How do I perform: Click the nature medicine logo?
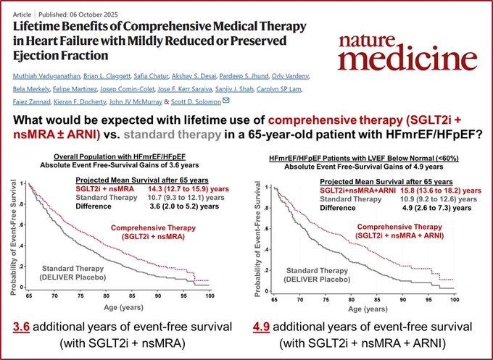click(407, 53)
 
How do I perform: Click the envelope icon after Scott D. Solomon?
click(225, 101)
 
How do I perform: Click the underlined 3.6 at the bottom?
click(21, 327)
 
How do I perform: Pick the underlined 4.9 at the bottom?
click(261, 327)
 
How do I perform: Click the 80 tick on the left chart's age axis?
click(106, 296)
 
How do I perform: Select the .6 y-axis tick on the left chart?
click(22, 225)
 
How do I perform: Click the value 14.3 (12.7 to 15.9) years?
click(188, 189)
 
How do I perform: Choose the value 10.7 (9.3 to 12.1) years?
click(186, 198)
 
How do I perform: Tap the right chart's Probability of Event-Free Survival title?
click(257, 239)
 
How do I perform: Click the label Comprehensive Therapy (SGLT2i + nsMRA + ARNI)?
click(399, 231)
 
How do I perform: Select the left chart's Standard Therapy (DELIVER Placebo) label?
click(72, 272)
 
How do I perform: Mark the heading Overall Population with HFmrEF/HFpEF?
click(122, 157)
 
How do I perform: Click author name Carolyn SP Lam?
click(279, 89)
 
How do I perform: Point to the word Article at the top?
click(22, 14)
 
